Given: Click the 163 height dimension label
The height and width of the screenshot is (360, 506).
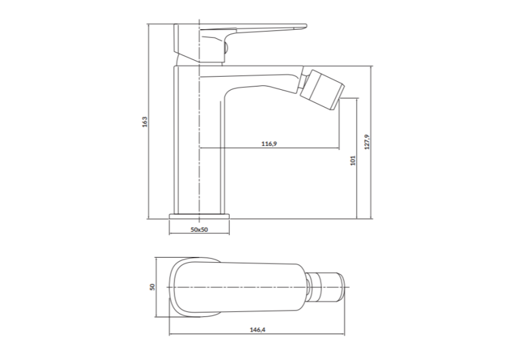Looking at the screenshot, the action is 145,122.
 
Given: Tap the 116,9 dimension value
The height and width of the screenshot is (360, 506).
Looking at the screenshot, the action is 269,143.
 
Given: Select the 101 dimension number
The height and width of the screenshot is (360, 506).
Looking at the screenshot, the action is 353,161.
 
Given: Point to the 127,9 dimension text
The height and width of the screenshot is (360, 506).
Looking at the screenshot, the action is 367,142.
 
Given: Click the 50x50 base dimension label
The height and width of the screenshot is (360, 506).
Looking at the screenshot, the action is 199,230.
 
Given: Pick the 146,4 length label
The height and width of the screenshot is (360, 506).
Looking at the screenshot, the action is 258,330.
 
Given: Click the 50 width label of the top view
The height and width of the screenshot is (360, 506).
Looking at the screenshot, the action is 153,287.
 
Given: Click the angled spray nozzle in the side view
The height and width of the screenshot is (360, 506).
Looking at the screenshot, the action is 322,89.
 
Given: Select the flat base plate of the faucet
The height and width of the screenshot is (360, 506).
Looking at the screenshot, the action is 199,216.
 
